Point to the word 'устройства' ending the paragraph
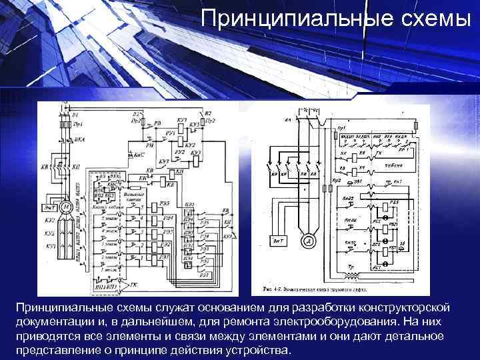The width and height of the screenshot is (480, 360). pyautogui.click(x=256, y=351)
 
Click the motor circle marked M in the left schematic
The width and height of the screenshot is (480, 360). pyautogui.click(x=67, y=208)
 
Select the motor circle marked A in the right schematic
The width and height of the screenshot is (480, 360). pyautogui.click(x=307, y=241)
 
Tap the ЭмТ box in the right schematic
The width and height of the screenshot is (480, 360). pyautogui.click(x=278, y=241)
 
